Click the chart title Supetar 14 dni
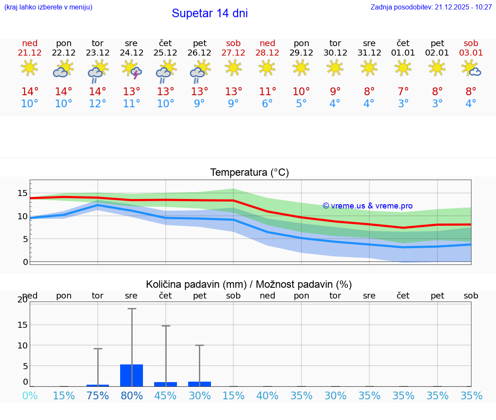point(210,13)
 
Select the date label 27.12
point(233,53)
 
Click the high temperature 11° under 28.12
point(267,92)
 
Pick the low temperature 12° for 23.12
point(98,104)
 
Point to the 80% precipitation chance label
point(132,396)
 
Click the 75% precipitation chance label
point(98,396)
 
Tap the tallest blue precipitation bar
point(132,375)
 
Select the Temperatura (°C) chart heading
point(249,173)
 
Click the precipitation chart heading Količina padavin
point(249,284)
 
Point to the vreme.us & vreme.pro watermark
point(368,206)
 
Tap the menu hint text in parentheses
point(48,7)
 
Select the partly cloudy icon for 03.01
point(471,68)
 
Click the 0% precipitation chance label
point(30,396)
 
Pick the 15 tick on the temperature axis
point(23,193)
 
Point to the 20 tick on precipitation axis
point(23,300)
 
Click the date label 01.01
point(403,53)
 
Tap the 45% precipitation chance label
point(166,396)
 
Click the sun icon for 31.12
point(369,68)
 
